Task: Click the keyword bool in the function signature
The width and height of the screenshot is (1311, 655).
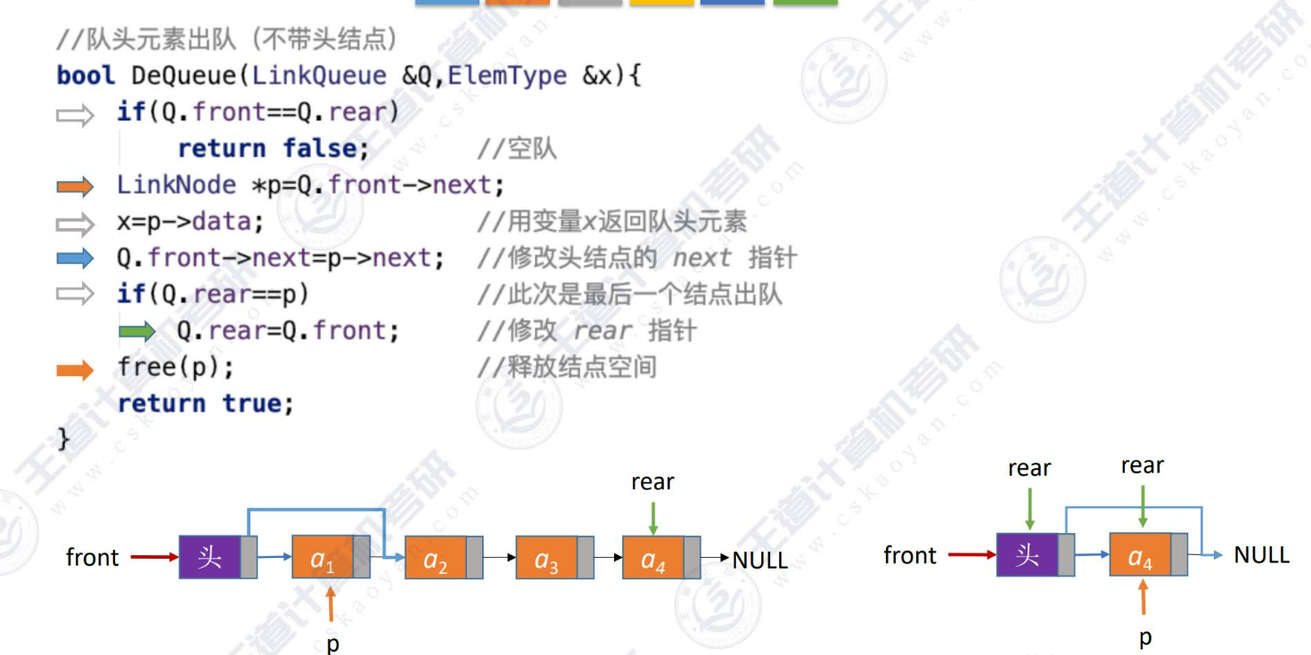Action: [86, 76]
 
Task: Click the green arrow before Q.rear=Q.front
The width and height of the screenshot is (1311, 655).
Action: [137, 332]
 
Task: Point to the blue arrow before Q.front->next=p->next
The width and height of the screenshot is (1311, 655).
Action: [75, 259]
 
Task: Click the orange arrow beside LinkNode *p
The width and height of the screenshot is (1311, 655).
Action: [75, 186]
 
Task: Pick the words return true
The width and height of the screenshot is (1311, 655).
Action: [205, 404]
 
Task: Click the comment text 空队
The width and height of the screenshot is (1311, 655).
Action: [531, 149]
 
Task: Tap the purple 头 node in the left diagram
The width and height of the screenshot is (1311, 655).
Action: [210, 557]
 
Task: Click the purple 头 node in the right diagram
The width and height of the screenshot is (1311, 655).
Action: [1028, 555]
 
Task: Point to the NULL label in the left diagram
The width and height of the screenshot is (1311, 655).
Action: [759, 561]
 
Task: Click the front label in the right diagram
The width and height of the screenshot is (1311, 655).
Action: [910, 555]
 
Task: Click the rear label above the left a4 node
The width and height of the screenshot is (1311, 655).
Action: [652, 482]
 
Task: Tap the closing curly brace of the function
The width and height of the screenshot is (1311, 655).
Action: [63, 439]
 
